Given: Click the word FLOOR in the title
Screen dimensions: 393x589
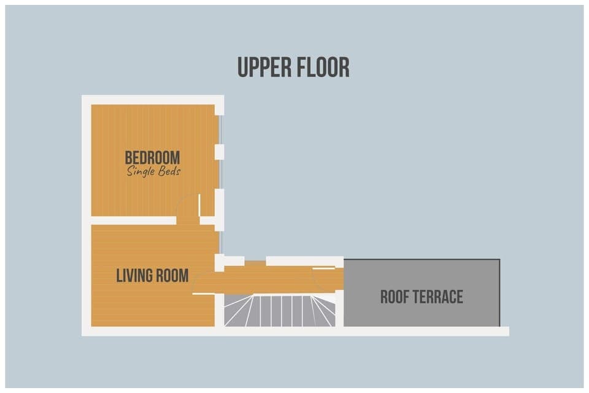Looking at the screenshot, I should [x=323, y=68].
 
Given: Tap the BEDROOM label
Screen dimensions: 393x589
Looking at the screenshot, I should [x=152, y=158].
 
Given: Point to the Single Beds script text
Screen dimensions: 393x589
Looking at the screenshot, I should [x=153, y=172].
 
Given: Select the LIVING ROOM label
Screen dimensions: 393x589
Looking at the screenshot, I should [x=152, y=276].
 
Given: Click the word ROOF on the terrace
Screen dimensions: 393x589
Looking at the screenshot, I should [x=396, y=298].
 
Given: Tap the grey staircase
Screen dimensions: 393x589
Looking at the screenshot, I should [x=279, y=311].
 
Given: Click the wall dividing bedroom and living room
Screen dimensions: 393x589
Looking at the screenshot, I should [x=133, y=220].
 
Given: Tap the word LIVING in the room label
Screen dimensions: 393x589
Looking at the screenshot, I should [x=134, y=276].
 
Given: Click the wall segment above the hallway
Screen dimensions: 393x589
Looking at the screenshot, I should [x=304, y=261].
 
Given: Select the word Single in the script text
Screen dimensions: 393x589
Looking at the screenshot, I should [x=139, y=172].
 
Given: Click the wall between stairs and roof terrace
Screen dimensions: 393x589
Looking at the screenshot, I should [x=340, y=310].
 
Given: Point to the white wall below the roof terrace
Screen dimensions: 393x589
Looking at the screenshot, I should [x=423, y=331].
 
